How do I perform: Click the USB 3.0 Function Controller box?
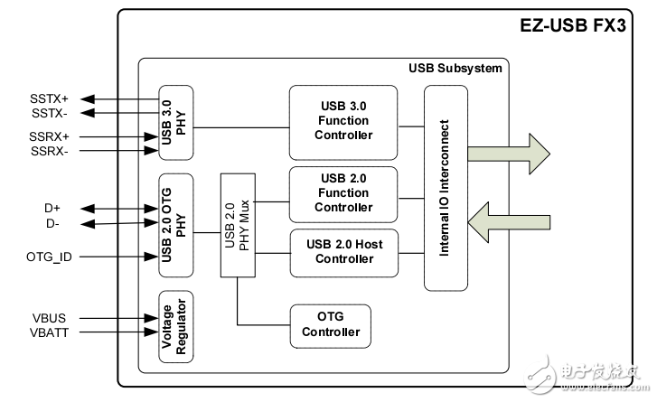point(343,122)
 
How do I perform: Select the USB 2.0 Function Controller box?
point(343,193)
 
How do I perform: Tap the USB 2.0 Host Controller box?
point(343,253)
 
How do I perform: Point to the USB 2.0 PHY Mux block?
point(237,225)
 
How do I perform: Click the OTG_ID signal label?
point(50,257)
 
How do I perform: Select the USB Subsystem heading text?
point(454,69)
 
